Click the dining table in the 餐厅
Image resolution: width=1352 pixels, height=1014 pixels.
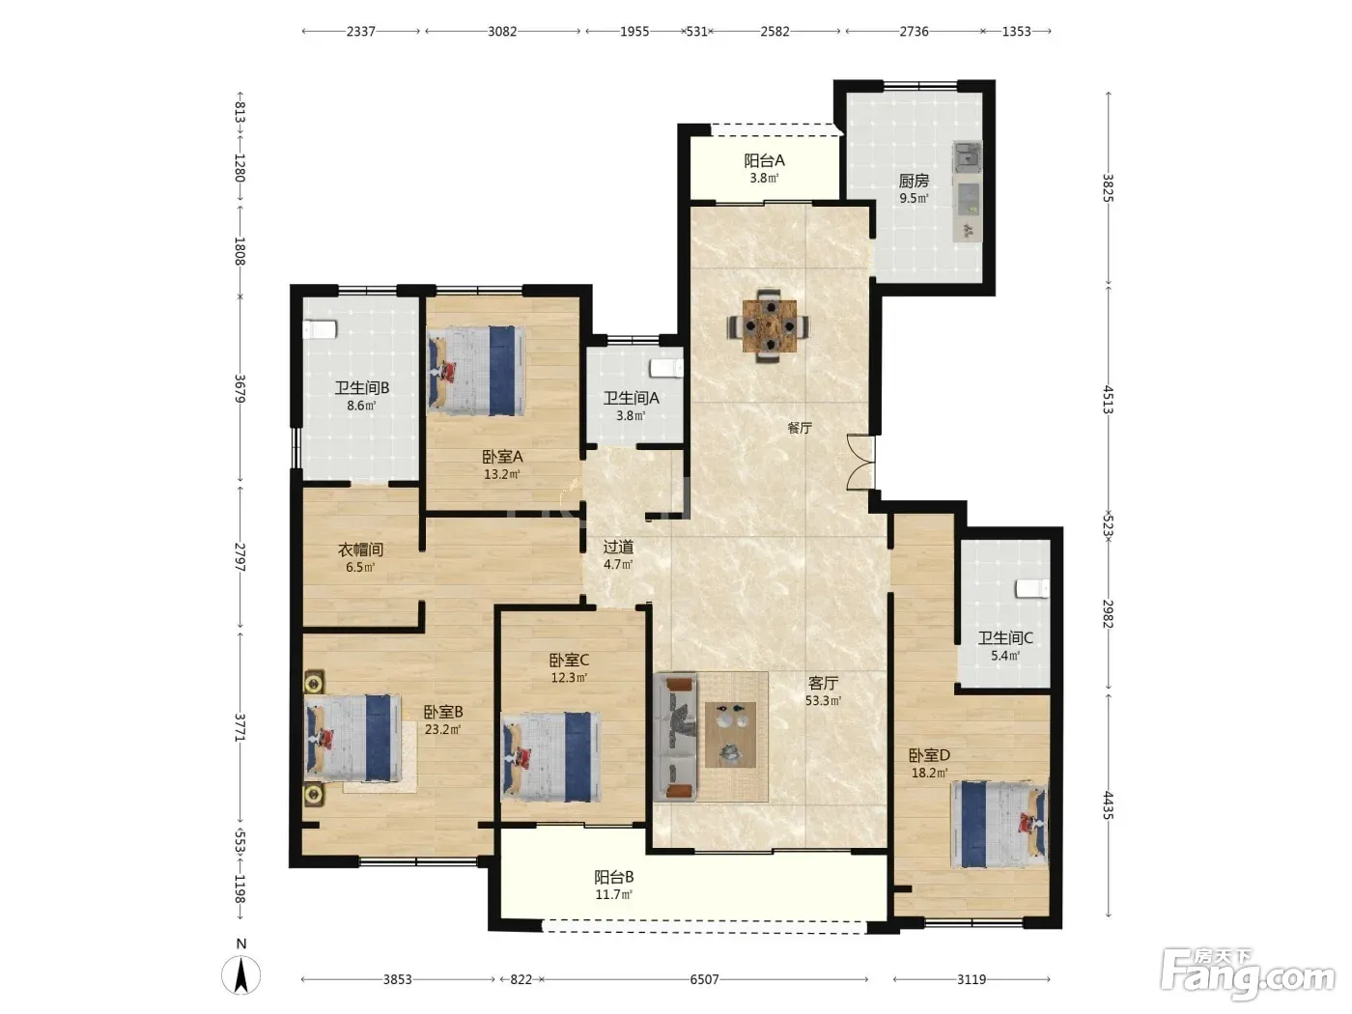pos(769,325)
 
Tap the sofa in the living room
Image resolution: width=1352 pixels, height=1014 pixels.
pos(676,737)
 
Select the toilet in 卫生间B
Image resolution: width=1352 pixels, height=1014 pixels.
pos(320,329)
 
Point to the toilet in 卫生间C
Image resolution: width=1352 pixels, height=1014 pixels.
pos(1032,588)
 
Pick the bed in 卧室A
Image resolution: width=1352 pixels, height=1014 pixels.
pos(477,371)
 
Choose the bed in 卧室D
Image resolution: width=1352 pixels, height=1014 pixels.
pos(999,825)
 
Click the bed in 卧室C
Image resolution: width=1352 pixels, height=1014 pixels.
pos(551,757)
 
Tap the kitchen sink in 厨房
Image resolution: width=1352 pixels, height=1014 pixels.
pos(968,157)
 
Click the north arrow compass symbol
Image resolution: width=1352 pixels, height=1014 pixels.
pos(240,974)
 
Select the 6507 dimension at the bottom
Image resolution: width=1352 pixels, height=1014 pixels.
pos(704,979)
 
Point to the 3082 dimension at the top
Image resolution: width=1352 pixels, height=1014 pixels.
pos(502,32)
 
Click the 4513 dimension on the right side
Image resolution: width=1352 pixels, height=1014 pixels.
pos(1108,400)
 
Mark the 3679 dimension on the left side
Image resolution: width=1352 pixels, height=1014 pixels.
pos(240,389)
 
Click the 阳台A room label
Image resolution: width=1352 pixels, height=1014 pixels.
pos(764,160)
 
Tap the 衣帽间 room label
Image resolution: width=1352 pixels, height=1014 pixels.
pos(360,549)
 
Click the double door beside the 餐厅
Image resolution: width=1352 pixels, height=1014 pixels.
pos(859,463)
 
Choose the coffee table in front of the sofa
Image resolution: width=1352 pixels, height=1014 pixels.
pos(730,735)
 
